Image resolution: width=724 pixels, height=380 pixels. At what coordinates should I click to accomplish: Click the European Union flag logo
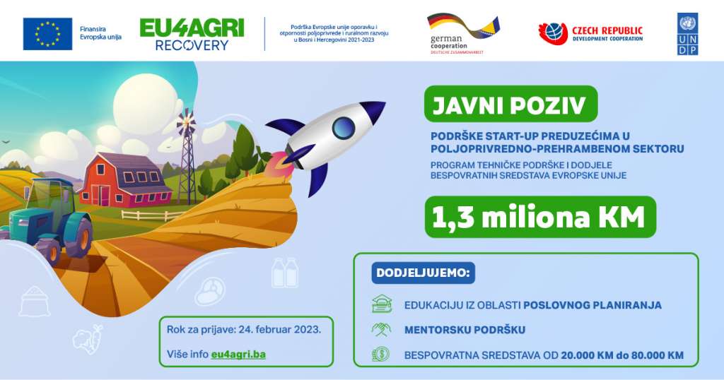click(47, 34)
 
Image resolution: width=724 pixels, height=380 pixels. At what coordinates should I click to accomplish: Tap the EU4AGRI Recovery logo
click(192, 35)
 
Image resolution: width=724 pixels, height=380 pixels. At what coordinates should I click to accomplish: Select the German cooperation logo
click(463, 34)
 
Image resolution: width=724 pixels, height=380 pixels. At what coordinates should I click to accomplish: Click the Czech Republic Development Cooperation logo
click(590, 34)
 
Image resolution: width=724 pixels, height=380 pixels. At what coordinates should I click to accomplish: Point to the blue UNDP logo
click(687, 34)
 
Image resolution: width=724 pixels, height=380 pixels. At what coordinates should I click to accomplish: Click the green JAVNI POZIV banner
click(510, 104)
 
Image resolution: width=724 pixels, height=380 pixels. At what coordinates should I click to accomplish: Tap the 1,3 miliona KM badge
click(540, 218)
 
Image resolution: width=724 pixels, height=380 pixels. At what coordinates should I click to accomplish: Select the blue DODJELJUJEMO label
click(423, 273)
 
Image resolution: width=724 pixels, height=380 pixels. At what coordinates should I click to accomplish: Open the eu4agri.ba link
click(238, 354)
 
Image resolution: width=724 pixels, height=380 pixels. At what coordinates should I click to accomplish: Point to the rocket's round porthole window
click(344, 128)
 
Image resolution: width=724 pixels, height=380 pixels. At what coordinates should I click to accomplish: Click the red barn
click(125, 179)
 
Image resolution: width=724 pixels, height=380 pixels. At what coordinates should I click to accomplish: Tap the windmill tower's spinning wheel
click(186, 121)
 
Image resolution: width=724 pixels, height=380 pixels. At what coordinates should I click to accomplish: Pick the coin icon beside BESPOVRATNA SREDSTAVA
click(381, 355)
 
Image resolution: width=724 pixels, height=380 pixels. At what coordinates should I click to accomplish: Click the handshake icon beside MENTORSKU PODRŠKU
click(381, 329)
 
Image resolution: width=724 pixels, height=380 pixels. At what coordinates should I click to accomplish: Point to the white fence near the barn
click(153, 215)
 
